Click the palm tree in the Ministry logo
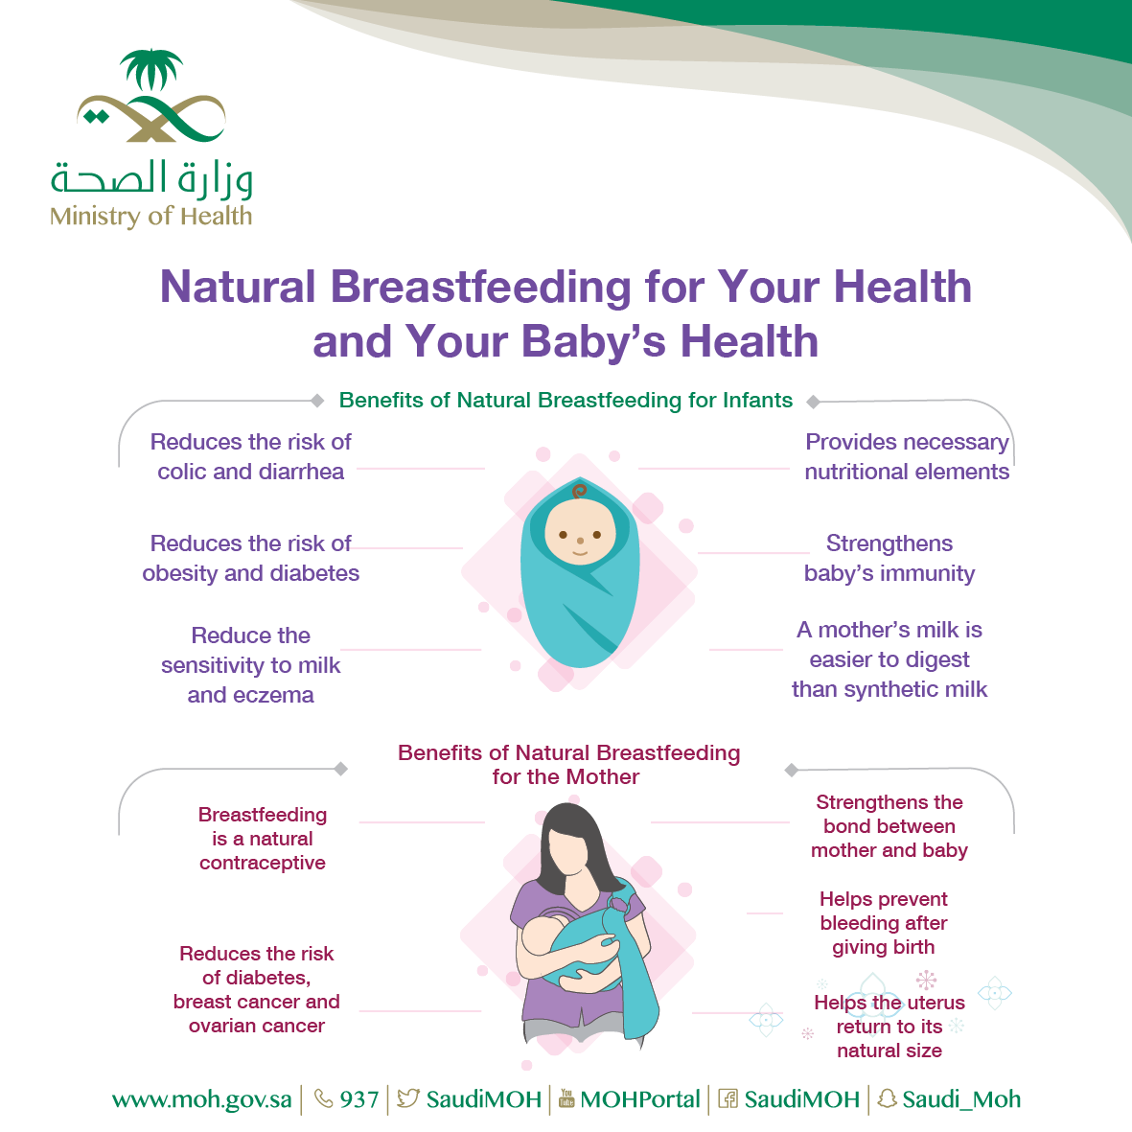coord(150,69)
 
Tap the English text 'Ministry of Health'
coord(150,216)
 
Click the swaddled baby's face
coord(580,533)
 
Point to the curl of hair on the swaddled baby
coord(579,492)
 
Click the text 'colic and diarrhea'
coord(250,472)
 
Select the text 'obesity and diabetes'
coord(250,573)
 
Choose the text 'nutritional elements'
coord(907,472)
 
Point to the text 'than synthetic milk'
coord(889,689)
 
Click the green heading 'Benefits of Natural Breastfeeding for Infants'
coord(566,400)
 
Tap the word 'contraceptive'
coord(262,863)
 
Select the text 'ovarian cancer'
coord(256,1026)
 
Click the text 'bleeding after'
coord(884,923)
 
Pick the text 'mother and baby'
coord(889,850)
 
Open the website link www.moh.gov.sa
coord(202,1099)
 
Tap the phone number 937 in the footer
coord(359,1099)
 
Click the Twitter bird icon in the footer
coord(408,1098)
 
